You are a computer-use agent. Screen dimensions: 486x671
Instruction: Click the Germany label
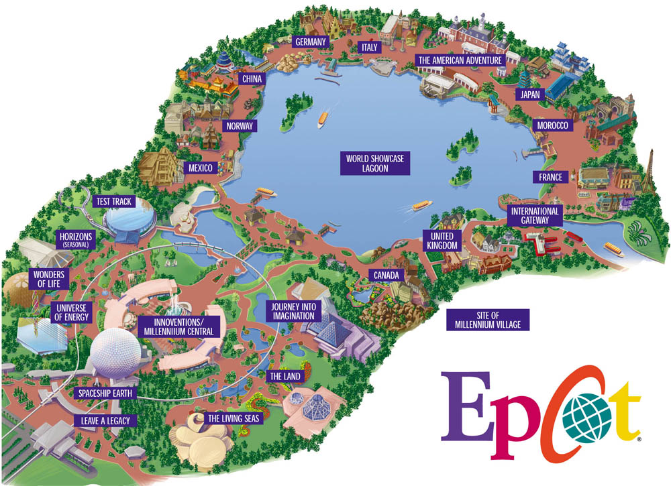pyautogui.click(x=311, y=42)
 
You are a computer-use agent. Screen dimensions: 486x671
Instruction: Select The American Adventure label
pyautogui.click(x=460, y=60)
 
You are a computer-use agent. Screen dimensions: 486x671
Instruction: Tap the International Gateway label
pyautogui.click(x=535, y=215)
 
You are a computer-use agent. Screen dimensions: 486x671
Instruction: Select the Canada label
pyautogui.click(x=386, y=276)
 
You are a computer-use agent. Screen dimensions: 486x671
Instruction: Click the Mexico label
pyautogui.click(x=200, y=168)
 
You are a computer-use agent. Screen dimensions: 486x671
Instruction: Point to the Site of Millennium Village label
pyautogui.click(x=488, y=320)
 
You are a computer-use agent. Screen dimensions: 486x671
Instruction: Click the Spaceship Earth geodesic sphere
pyautogui.click(x=117, y=355)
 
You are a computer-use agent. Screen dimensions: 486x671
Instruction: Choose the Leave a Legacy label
pyautogui.click(x=106, y=420)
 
